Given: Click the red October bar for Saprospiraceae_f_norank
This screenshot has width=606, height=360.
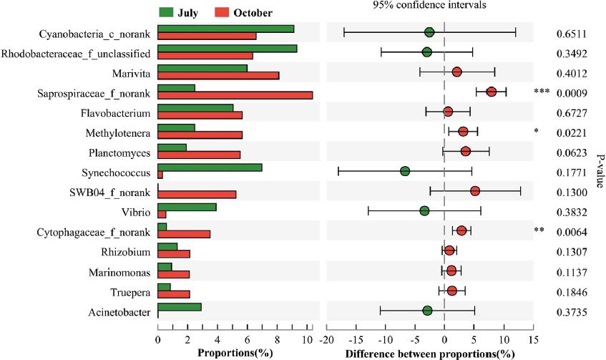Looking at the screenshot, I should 235,95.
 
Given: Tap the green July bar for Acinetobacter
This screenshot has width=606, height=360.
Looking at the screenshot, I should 180,307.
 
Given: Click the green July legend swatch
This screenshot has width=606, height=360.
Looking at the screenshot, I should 166,12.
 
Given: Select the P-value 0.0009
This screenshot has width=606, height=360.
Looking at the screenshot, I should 572,92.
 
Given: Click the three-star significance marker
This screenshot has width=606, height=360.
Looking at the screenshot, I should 541,92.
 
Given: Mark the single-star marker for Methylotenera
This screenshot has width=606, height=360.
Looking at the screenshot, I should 535,132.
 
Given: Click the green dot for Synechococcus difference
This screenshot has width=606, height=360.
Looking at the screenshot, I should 405,171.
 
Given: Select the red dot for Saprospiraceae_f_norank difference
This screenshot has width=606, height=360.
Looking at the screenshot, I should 492,92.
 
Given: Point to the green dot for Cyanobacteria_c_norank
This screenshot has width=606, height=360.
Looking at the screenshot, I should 429,32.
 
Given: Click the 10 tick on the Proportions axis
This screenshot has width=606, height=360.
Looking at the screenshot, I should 308,339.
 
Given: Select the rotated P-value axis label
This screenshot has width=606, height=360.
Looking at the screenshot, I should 600,172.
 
